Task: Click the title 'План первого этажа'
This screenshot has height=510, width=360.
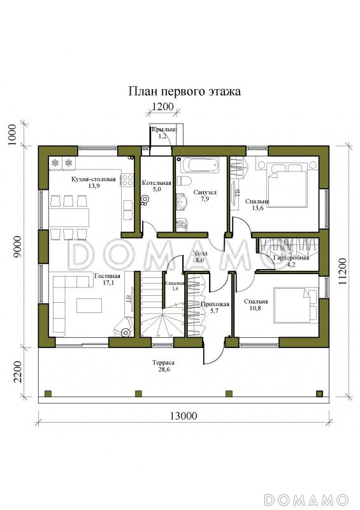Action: (x=185, y=92)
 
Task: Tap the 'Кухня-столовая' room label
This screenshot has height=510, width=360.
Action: (x=94, y=180)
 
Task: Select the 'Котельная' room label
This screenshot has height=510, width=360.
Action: (x=156, y=182)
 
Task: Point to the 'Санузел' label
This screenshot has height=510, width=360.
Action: (x=205, y=192)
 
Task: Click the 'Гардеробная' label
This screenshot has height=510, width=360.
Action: (x=291, y=258)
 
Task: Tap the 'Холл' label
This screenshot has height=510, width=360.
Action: (x=199, y=253)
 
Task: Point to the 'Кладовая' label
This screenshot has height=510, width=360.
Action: (x=175, y=283)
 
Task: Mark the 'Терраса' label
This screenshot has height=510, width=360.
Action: (x=163, y=363)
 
